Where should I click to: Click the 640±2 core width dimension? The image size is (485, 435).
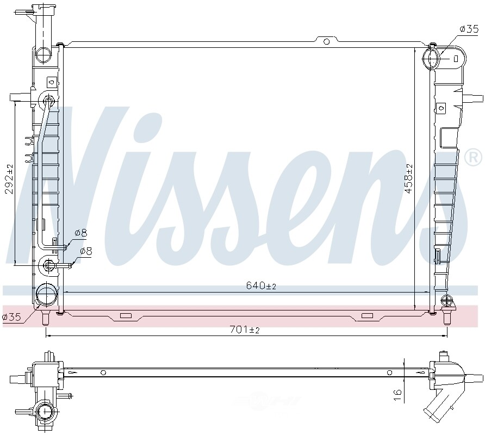(261, 285)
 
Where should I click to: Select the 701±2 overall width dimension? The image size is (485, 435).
(244, 330)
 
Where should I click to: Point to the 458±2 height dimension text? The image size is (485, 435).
(409, 179)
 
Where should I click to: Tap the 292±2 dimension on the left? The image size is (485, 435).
(9, 179)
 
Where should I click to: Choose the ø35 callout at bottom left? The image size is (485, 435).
(11, 317)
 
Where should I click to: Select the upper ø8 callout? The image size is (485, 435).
(80, 233)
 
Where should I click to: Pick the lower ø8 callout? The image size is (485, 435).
(86, 251)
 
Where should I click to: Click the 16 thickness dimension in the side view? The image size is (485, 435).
(398, 391)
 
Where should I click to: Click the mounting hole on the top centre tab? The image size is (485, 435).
(326, 41)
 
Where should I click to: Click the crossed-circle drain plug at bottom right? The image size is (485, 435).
(446, 300)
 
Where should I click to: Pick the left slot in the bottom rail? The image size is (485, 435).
(126, 316)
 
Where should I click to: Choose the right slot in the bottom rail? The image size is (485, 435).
(368, 316)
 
